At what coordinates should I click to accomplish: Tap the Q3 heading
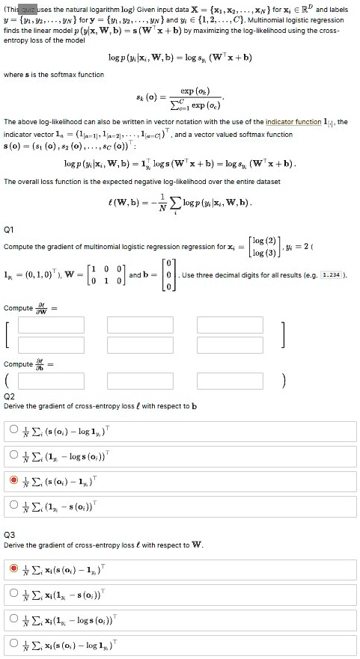point(9,536)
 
